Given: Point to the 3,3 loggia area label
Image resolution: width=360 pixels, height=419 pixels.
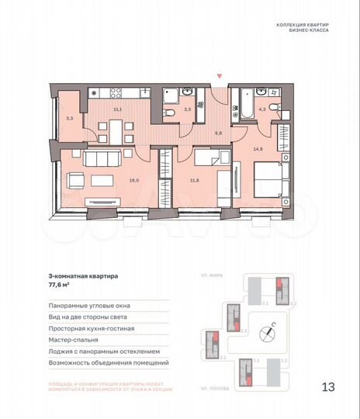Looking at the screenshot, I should coord(70,118).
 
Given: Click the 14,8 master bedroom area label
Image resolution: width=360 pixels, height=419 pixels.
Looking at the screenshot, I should coord(257,149).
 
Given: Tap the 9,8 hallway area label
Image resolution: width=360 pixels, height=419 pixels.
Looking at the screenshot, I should coord(218,133).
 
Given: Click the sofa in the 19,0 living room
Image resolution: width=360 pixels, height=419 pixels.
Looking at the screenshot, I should coord(101,161).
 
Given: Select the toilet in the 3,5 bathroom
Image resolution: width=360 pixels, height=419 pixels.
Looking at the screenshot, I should coord(169,114).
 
